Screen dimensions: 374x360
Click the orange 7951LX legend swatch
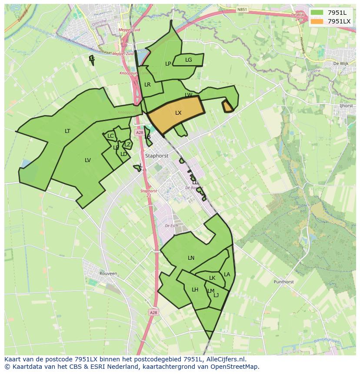[x=317, y=21]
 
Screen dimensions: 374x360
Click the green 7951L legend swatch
[x=317, y=12]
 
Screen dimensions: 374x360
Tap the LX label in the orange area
[x=178, y=113]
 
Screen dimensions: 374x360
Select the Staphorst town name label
[x=157, y=155]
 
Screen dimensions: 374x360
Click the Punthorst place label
[x=283, y=282]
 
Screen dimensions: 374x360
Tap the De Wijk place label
[x=341, y=63]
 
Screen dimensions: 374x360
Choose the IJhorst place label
[x=347, y=106]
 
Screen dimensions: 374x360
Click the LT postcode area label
[x=67, y=131]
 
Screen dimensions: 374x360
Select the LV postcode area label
[x=88, y=160]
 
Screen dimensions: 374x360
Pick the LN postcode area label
[x=191, y=258]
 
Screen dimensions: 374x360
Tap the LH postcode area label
[x=195, y=290]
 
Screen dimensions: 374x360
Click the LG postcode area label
[x=189, y=60]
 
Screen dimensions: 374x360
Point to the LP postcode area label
[x=168, y=64]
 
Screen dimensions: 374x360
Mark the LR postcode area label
[x=147, y=85]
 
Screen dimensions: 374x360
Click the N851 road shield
[x=242, y=9]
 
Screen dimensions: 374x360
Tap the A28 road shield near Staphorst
[x=139, y=132]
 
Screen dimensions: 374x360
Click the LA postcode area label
[x=227, y=275]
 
